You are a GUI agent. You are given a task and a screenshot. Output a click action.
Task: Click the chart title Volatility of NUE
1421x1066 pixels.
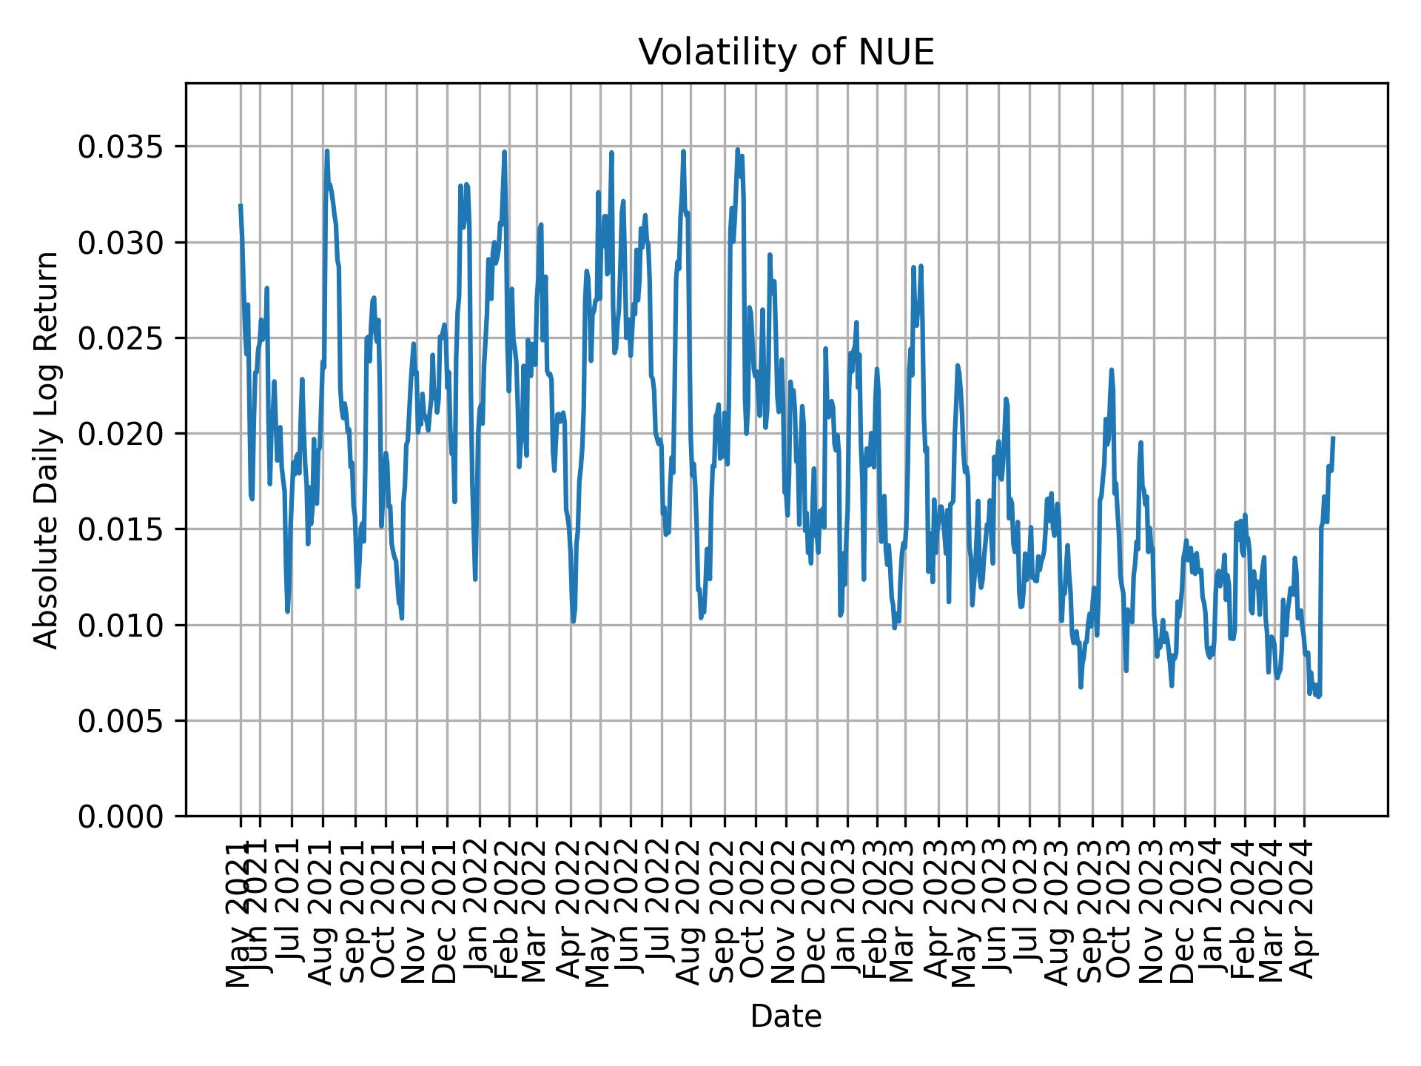(786, 53)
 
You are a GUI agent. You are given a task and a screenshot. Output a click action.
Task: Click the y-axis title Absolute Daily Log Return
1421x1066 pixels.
(47, 450)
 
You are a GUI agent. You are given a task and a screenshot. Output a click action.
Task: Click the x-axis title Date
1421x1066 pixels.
(786, 1016)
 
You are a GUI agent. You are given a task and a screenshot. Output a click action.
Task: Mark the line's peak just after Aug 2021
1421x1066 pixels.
(326, 151)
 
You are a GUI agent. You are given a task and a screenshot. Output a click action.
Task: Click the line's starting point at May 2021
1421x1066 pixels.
(241, 205)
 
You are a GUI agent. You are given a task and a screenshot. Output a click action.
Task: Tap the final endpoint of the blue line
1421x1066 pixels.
(1333, 438)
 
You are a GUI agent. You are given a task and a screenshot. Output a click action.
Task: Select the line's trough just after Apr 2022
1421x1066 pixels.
(573, 622)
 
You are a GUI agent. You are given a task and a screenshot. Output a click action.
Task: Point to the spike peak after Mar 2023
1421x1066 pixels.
(914, 267)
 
